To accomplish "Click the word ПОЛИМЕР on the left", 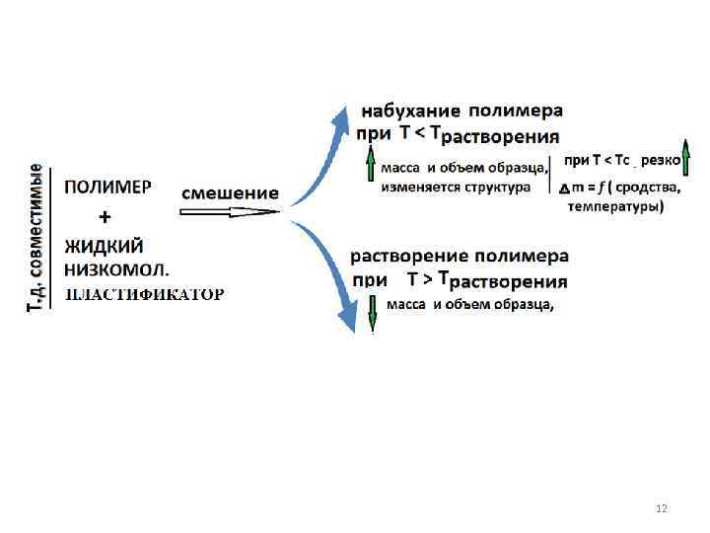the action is point(108,186).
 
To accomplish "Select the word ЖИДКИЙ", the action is point(105,245).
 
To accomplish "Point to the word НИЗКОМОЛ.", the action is point(117,267).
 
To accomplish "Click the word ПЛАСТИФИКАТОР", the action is point(144,293).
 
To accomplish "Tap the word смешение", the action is point(230,192).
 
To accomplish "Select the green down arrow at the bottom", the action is point(373,312).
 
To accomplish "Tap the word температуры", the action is point(615,206).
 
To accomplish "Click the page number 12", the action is point(661,508).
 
